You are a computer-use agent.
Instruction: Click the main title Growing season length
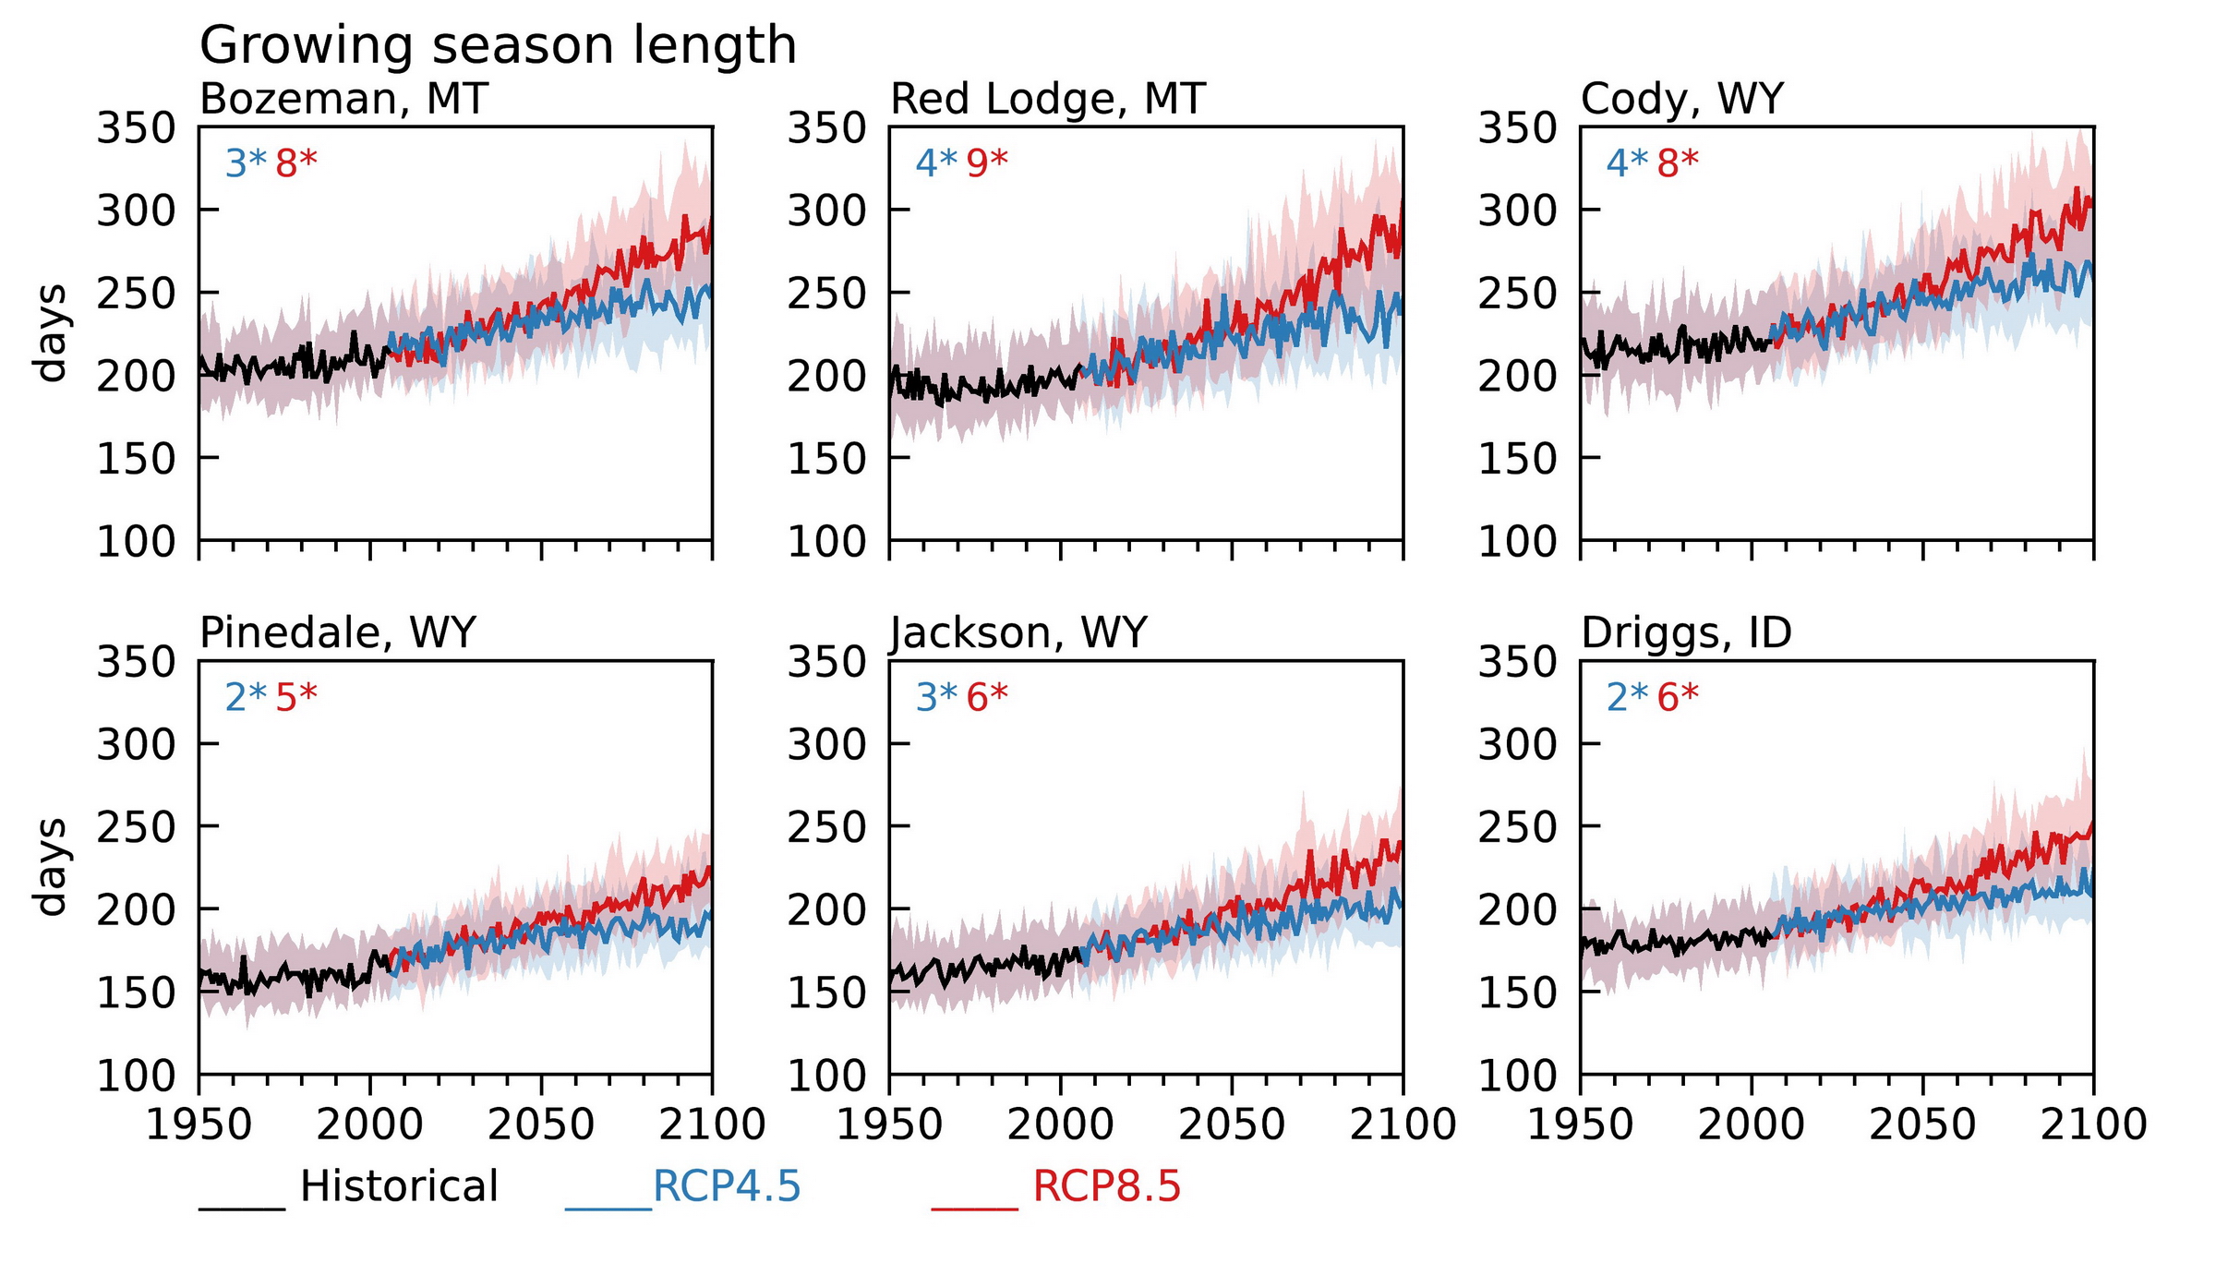pyautogui.click(x=498, y=45)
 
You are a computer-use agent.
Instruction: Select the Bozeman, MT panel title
pyautogui.click(x=343, y=99)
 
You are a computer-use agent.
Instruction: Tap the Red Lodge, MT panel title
pyautogui.click(x=1048, y=99)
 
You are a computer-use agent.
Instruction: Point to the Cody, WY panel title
pyautogui.click(x=1682, y=99)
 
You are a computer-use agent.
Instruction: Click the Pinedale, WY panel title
pyautogui.click(x=338, y=633)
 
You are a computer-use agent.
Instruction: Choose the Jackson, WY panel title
pyautogui.click(x=1018, y=633)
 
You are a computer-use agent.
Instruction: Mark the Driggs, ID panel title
pyautogui.click(x=1686, y=633)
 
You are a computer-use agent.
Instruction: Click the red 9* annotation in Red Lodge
pyautogui.click(x=987, y=163)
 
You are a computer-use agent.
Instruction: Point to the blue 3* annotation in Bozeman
pyautogui.click(x=246, y=163)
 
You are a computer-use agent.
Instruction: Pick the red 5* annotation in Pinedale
pyautogui.click(x=296, y=697)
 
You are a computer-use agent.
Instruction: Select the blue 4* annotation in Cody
pyautogui.click(x=1627, y=163)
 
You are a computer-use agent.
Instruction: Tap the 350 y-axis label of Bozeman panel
pyautogui.click(x=136, y=128)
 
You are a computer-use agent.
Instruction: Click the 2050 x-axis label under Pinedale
pyautogui.click(x=541, y=1125)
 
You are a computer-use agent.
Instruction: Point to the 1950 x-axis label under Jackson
pyautogui.click(x=890, y=1125)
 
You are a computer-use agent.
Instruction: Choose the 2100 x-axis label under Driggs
pyautogui.click(x=2093, y=1125)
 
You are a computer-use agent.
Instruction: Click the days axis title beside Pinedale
pyautogui.click(x=51, y=867)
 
